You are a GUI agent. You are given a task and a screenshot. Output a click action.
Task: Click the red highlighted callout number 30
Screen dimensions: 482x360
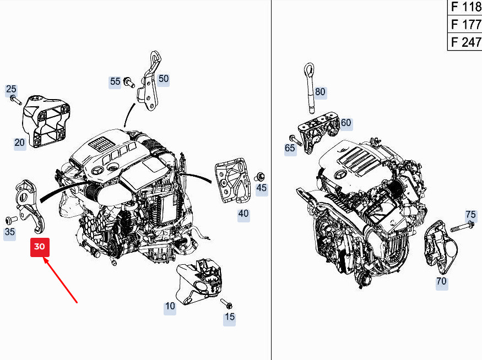[40, 247]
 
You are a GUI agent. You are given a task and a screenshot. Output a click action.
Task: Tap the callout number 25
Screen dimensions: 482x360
[11, 89]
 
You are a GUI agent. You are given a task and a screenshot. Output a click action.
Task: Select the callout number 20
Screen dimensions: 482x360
[19, 142]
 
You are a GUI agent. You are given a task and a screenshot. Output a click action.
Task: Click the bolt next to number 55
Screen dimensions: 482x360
[129, 83]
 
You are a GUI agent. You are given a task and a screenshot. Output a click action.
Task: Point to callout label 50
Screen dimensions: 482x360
[163, 79]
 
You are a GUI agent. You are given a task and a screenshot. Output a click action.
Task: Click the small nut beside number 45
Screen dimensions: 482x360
[260, 177]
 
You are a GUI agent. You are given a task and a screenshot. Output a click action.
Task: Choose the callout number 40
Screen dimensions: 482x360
[243, 214]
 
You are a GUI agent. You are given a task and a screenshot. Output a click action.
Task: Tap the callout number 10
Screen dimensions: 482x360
[170, 306]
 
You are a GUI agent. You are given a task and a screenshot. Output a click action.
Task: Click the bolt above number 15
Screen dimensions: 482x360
[226, 303]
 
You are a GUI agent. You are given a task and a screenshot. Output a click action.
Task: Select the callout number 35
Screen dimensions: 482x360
[9, 232]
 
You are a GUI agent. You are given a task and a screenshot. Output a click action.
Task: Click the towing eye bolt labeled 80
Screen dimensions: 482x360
[310, 88]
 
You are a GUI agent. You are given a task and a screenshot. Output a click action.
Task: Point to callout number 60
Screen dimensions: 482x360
[346, 123]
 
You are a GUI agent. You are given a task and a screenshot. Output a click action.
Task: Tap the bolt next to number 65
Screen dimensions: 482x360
[295, 140]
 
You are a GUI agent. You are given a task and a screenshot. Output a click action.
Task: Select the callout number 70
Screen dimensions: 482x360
[441, 281]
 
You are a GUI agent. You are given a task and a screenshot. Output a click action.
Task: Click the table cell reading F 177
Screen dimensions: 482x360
[464, 24]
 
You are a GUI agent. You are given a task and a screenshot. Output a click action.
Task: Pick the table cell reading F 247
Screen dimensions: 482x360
[464, 41]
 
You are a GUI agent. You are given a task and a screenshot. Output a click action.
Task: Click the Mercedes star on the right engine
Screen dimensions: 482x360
[339, 176]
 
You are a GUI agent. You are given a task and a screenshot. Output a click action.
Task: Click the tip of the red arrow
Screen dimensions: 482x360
[44, 258]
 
